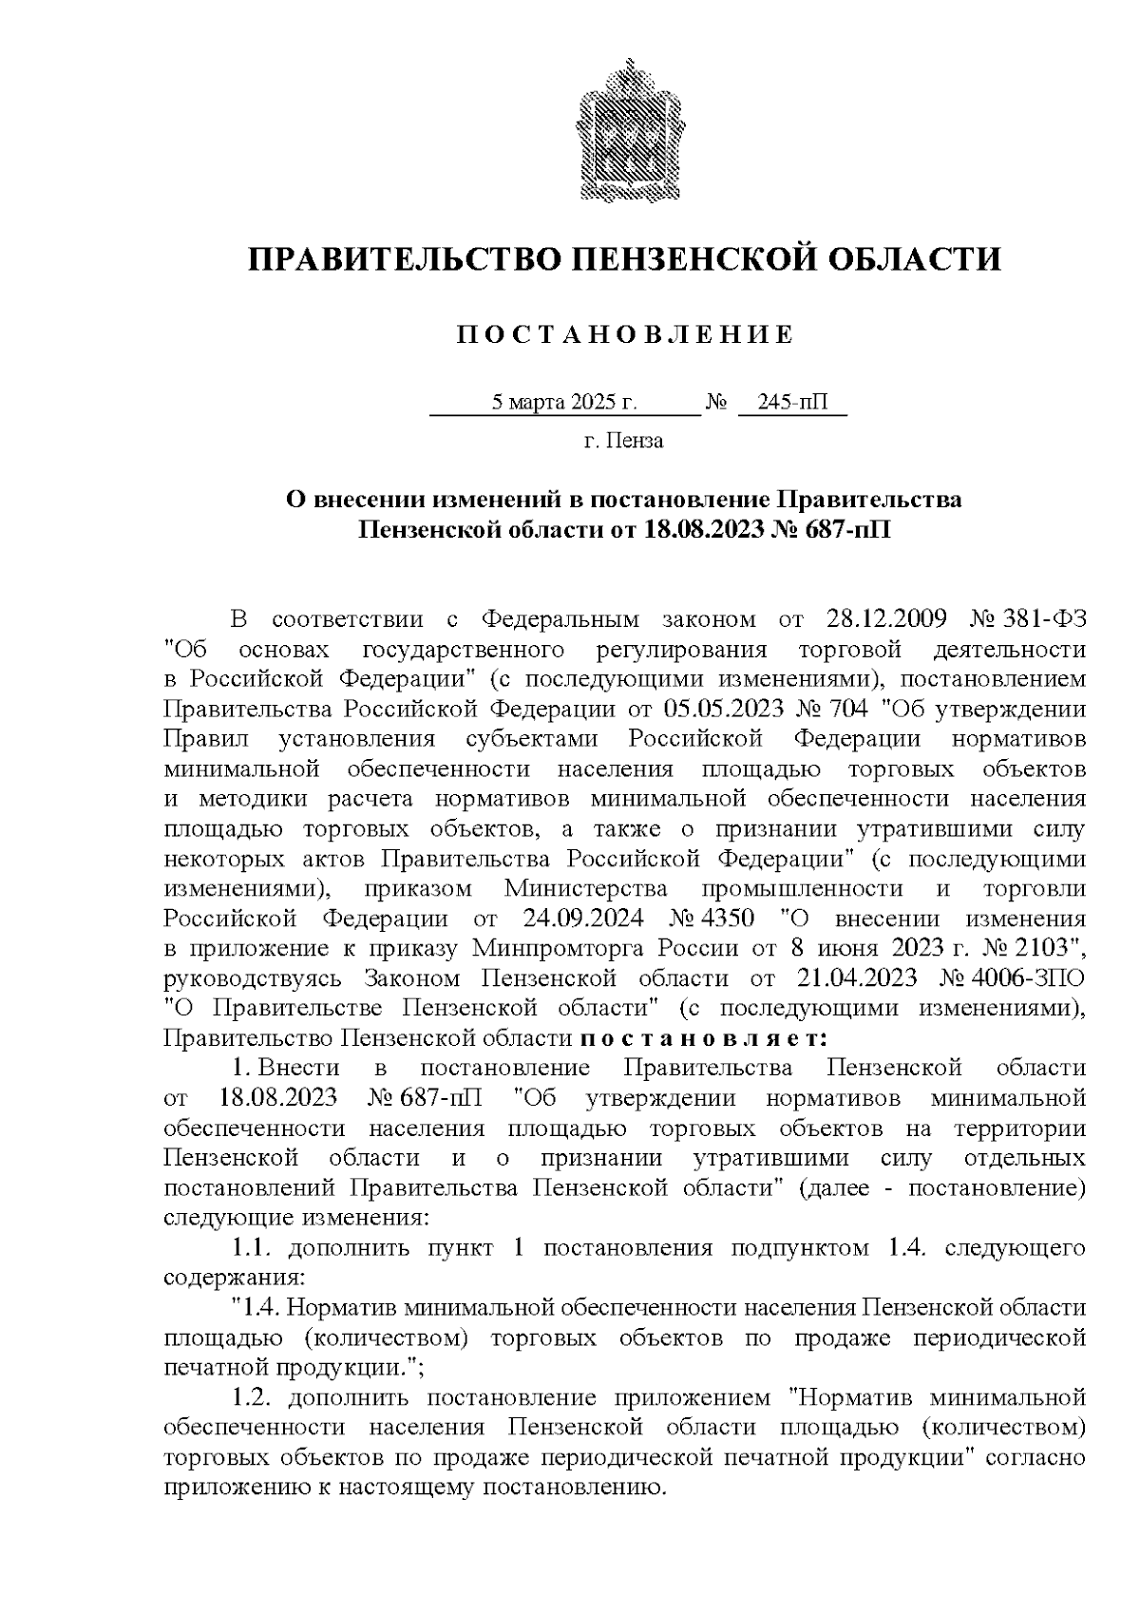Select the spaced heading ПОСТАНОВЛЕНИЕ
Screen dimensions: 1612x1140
(624, 335)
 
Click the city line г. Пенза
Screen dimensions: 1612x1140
(624, 441)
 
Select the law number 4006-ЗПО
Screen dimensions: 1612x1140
(1030, 978)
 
